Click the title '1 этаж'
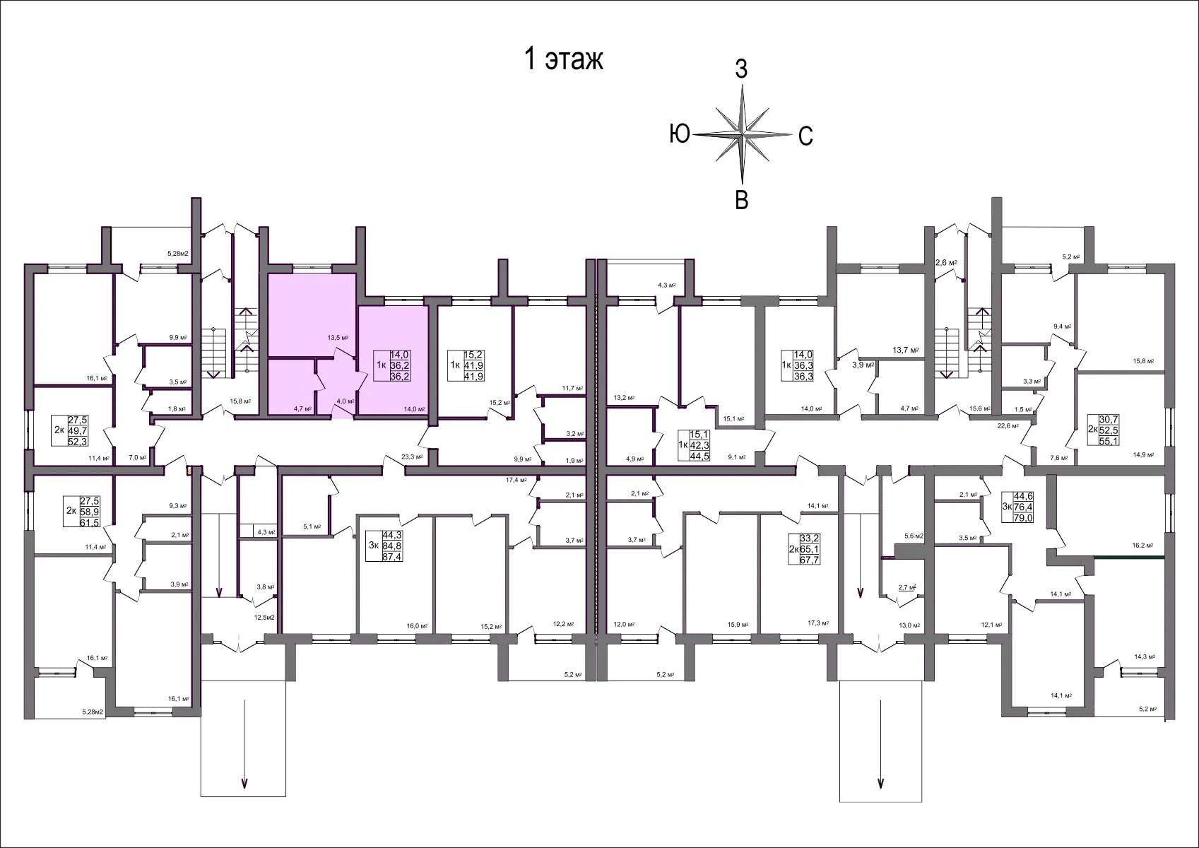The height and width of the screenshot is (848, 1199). tap(563, 60)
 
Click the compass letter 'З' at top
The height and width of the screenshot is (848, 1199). tap(741, 69)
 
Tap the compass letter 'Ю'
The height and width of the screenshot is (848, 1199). tap(679, 134)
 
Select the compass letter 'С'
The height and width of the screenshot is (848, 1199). tap(805, 136)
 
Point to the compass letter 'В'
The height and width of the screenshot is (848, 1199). tap(742, 201)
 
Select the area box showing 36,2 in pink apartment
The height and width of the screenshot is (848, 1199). tap(400, 366)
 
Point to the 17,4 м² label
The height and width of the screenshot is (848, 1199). tap(516, 481)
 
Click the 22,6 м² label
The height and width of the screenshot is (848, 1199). tap(1008, 425)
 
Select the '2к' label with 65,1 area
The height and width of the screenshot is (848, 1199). tap(794, 549)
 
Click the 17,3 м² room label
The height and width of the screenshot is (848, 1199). tap(817, 625)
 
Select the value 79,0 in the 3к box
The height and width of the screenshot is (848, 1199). tap(1024, 518)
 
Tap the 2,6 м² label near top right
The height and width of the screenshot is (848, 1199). tap(946, 263)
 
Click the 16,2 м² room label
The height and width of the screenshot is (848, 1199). tap(1142, 546)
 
